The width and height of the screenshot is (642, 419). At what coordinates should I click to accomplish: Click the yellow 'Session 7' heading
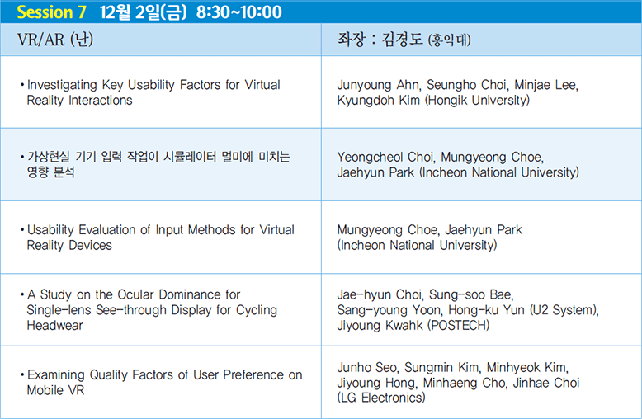51,12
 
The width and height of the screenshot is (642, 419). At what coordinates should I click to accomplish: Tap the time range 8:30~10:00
239,12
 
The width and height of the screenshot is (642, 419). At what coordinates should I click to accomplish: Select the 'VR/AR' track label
40,40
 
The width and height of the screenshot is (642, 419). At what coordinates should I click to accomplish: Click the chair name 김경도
402,40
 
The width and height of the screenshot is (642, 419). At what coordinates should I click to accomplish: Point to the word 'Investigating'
62,85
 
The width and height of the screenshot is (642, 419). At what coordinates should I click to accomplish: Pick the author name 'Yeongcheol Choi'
385,157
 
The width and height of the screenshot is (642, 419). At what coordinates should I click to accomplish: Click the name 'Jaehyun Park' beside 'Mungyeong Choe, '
484,230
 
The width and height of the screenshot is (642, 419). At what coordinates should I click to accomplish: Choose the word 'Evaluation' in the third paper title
107,230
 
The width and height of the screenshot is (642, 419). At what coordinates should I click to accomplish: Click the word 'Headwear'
54,326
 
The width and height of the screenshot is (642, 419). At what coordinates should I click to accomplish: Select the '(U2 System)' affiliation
564,310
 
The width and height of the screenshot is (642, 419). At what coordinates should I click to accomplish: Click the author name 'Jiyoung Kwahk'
380,326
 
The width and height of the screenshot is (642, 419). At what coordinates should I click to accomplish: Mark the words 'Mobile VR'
55,390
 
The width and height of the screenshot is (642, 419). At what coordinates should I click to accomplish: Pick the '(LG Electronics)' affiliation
381,398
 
